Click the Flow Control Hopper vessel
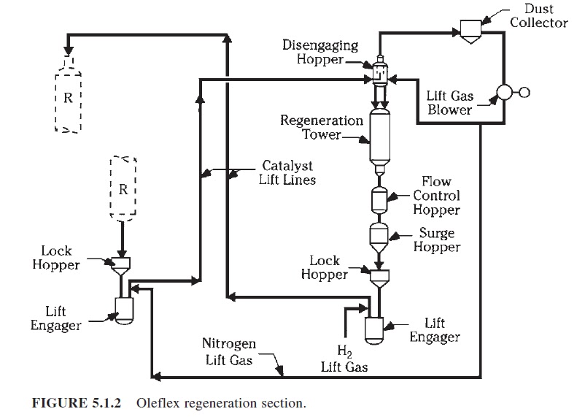point(379,199)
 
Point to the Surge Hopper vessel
point(379,235)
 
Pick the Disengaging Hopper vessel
point(379,72)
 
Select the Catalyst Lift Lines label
point(287,172)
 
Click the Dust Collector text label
point(538,15)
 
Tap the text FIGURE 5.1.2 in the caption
point(75,402)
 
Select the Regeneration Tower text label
point(322,128)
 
